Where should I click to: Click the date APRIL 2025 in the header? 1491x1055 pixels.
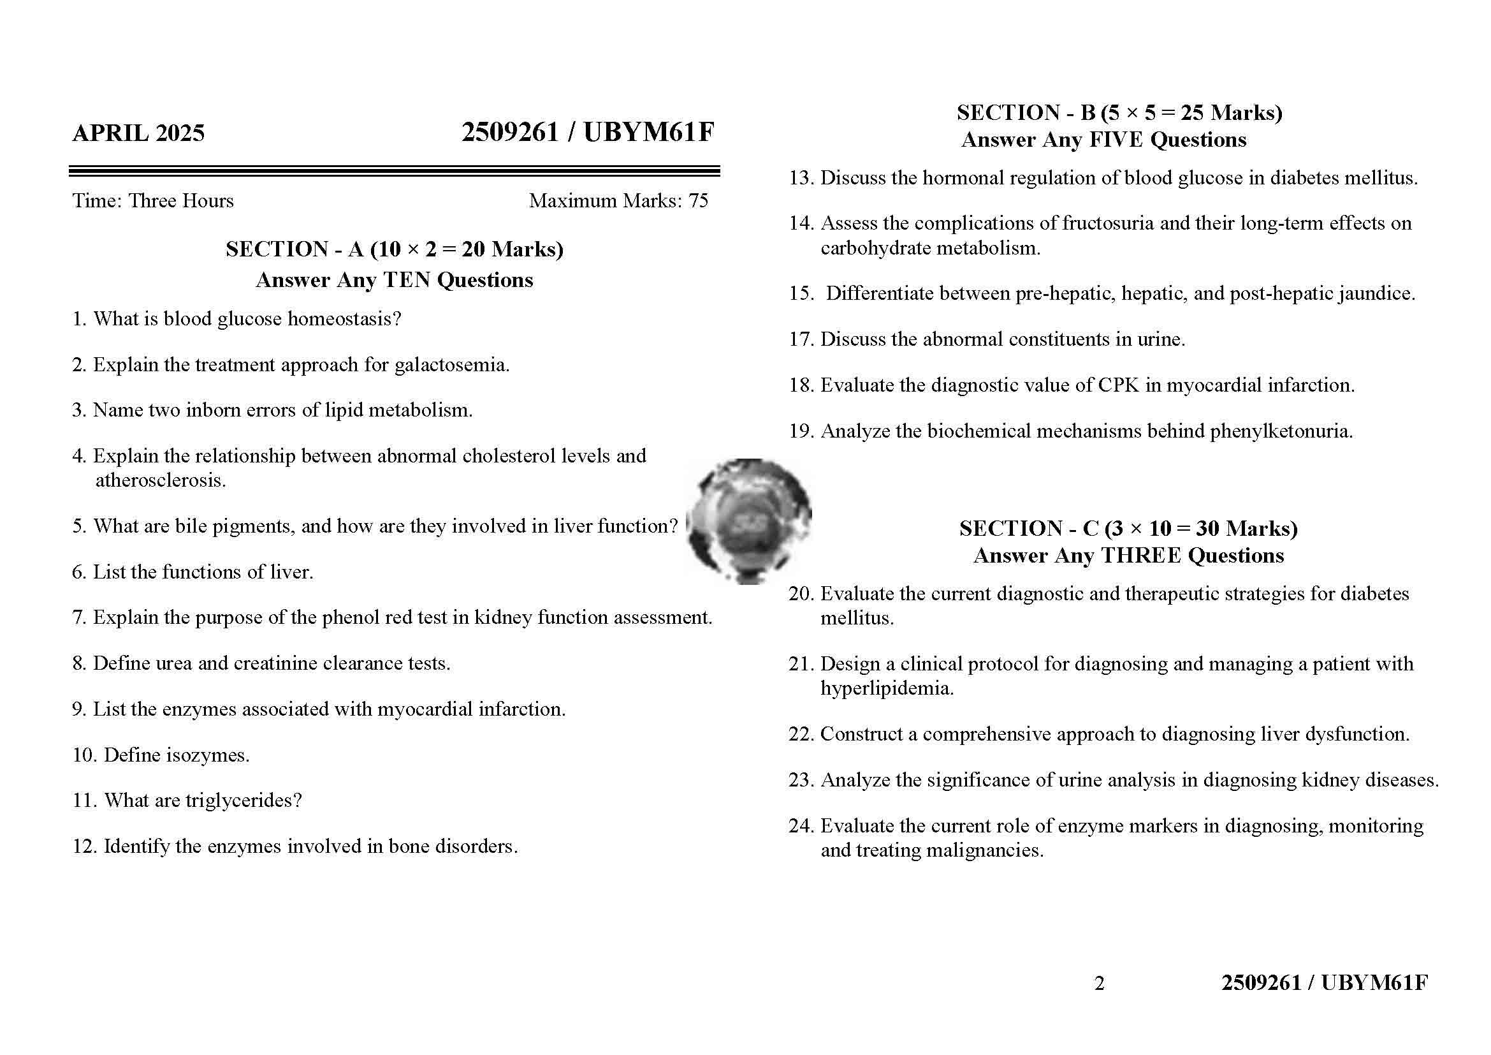coord(138,133)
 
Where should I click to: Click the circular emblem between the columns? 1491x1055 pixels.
coord(749,521)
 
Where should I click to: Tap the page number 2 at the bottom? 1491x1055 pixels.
coord(1099,984)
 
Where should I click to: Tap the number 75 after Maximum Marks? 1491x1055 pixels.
coord(698,201)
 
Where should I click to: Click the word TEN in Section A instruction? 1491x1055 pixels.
coord(407,280)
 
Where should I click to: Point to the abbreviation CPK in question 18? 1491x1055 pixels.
coord(1118,385)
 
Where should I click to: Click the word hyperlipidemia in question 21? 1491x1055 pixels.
coord(887,688)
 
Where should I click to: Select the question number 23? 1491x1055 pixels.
coord(801,780)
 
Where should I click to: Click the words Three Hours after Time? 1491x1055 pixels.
coord(180,201)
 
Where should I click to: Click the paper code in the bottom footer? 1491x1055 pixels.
coord(1324,983)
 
